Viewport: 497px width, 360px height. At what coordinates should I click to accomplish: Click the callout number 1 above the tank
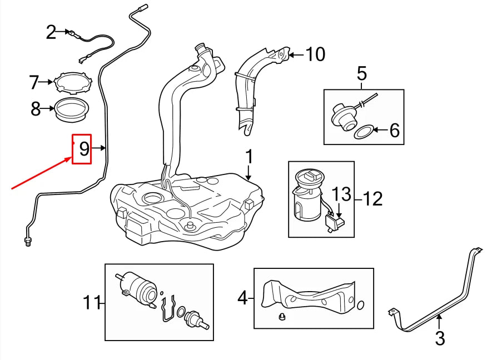click(x=249, y=157)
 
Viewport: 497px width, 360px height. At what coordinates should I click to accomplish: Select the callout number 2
click(x=51, y=33)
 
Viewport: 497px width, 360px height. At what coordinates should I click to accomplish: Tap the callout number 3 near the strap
click(x=440, y=338)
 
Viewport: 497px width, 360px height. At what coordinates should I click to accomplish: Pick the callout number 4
click(x=242, y=298)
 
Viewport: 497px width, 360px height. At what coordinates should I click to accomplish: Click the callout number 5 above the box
click(x=361, y=73)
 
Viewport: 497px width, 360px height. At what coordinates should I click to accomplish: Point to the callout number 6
click(x=394, y=131)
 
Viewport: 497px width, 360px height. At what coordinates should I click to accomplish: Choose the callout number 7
click(x=34, y=83)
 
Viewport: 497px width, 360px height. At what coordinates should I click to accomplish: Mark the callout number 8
click(x=36, y=109)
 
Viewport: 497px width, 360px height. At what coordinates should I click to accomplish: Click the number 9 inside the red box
click(x=84, y=148)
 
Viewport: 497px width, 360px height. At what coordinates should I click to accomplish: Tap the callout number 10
click(x=315, y=54)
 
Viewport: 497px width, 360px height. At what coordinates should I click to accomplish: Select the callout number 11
click(x=91, y=303)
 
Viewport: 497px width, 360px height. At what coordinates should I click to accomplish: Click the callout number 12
click(x=374, y=198)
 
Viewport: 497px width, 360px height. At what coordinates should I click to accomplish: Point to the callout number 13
click(x=342, y=194)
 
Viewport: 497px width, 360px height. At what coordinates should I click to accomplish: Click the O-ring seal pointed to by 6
click(x=364, y=132)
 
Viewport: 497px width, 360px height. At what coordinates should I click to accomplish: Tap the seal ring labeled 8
click(x=71, y=109)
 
